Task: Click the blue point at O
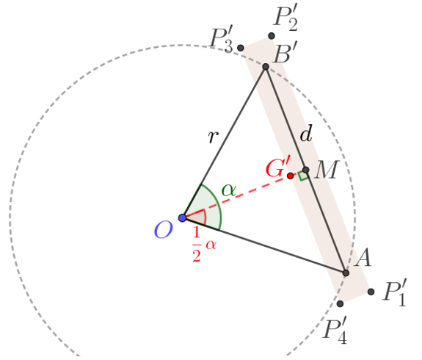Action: click(x=183, y=217)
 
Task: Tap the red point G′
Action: click(x=290, y=176)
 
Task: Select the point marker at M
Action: click(x=305, y=170)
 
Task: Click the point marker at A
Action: click(x=346, y=273)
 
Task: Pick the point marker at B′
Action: click(x=266, y=67)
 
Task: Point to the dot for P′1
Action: click(x=371, y=292)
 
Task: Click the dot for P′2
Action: click(x=272, y=35)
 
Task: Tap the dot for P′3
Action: click(x=241, y=48)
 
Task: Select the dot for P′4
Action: click(x=341, y=303)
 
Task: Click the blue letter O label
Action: click(x=163, y=230)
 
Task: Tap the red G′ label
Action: click(x=279, y=168)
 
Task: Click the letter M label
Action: click(x=326, y=170)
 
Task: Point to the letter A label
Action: click(x=363, y=258)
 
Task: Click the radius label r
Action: click(x=213, y=137)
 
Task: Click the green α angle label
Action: click(x=229, y=190)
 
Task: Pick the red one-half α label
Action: click(x=204, y=244)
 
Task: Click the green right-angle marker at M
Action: click(x=303, y=176)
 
